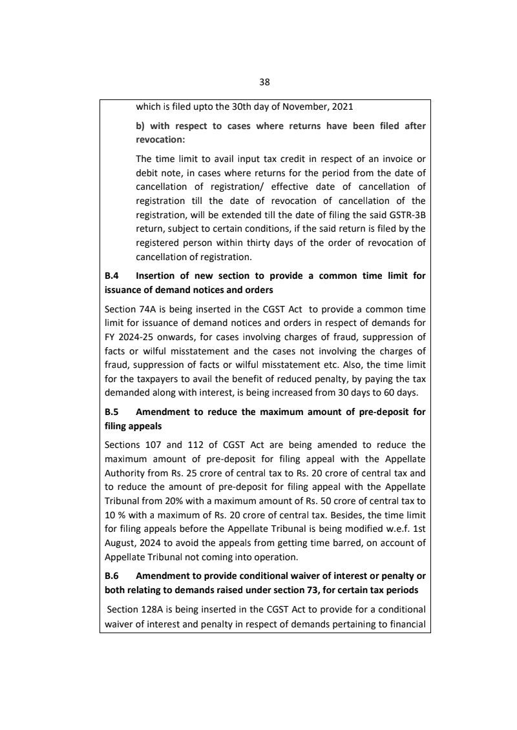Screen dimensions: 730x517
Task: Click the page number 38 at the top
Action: click(264, 82)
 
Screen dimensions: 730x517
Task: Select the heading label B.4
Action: click(111, 276)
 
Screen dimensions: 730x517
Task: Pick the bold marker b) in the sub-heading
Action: click(140, 126)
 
